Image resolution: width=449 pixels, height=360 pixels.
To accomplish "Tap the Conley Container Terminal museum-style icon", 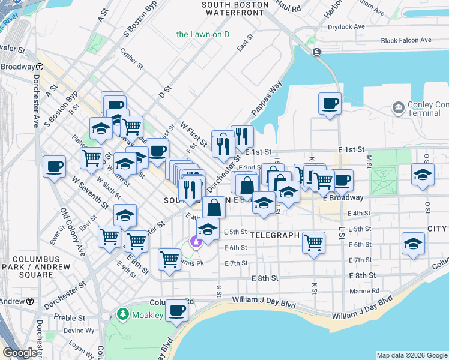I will pos(397,108).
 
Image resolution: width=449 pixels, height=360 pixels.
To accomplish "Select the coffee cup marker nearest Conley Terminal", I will pos(329,104).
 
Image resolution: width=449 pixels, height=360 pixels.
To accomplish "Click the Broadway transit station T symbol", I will pos(40,67).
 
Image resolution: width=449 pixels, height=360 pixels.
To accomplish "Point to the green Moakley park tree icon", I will pos(122,314).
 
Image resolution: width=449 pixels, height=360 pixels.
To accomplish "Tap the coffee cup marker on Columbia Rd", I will pos(176,311).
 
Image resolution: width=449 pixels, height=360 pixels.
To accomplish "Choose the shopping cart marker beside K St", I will pos(313,242).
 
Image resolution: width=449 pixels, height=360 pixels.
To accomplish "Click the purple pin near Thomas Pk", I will pos(195,242).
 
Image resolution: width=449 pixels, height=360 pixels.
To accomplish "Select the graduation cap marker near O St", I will pos(423,175).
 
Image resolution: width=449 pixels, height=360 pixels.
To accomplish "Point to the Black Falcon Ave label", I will pos(406,40).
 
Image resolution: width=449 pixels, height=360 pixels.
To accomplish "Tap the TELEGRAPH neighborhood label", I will pos(274,235).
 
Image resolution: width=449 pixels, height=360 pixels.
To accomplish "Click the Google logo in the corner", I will pos(20,353).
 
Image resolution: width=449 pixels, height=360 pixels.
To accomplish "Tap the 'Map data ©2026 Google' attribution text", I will pos(411,355).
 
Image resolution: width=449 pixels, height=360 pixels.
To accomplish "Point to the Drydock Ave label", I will pos(346,27).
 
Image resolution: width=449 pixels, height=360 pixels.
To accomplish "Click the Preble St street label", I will pos(67,317).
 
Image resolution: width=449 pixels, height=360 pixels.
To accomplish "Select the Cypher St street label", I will pos(131,58).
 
